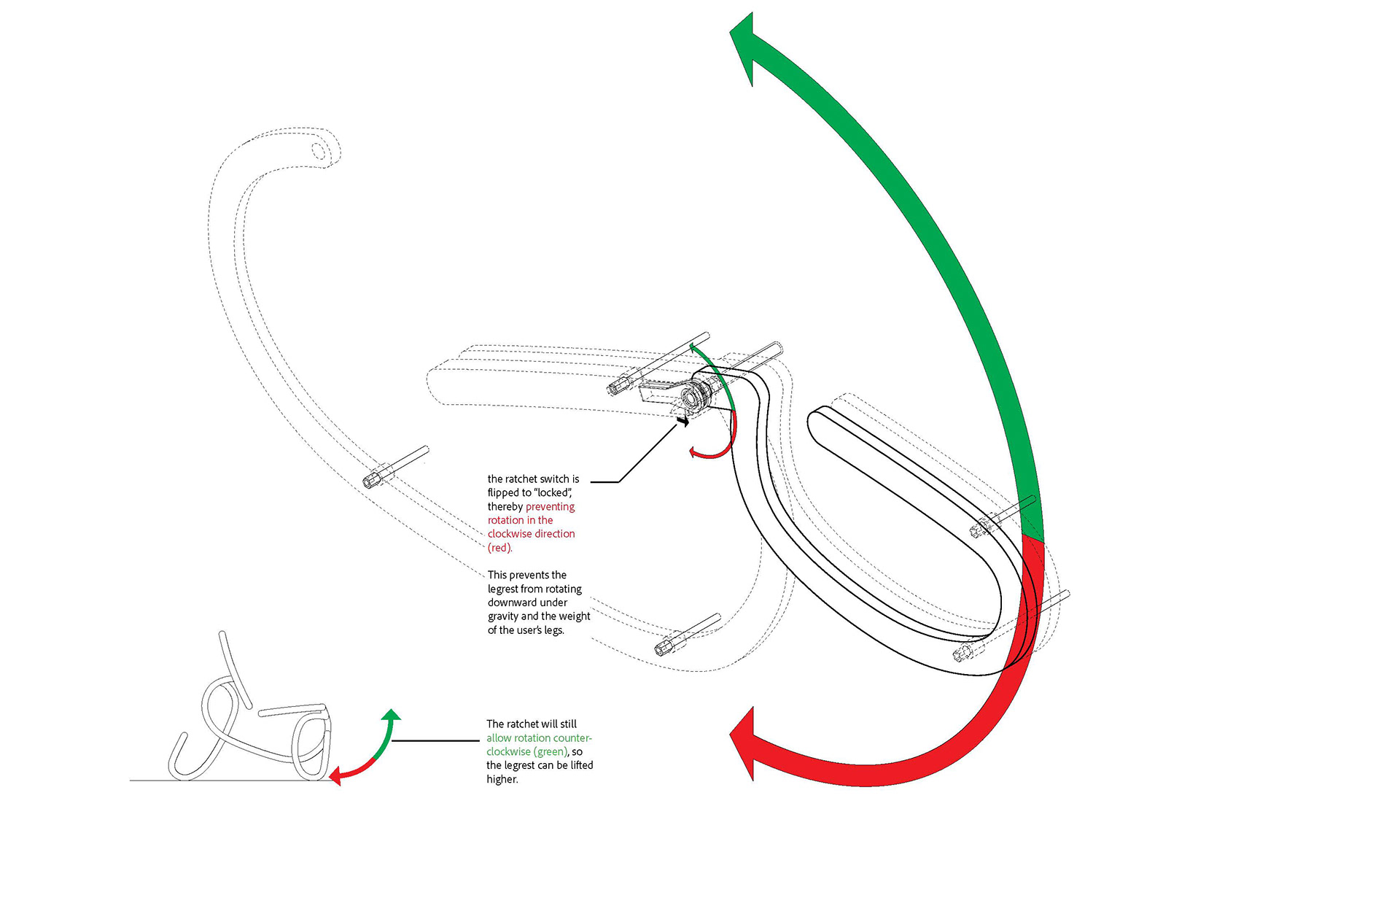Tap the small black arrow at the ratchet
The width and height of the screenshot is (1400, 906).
point(682,421)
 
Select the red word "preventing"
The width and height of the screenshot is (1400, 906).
point(550,506)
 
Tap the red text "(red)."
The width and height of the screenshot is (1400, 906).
point(499,548)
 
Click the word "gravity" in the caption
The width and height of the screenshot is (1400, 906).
point(503,616)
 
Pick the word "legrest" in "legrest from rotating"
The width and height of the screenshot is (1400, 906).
point(503,589)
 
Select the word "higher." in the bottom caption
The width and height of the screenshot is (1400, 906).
point(502,779)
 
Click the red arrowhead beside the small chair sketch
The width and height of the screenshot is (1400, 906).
point(335,776)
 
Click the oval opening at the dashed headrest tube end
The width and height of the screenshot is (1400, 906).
point(319,151)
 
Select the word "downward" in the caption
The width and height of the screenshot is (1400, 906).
point(527,603)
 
